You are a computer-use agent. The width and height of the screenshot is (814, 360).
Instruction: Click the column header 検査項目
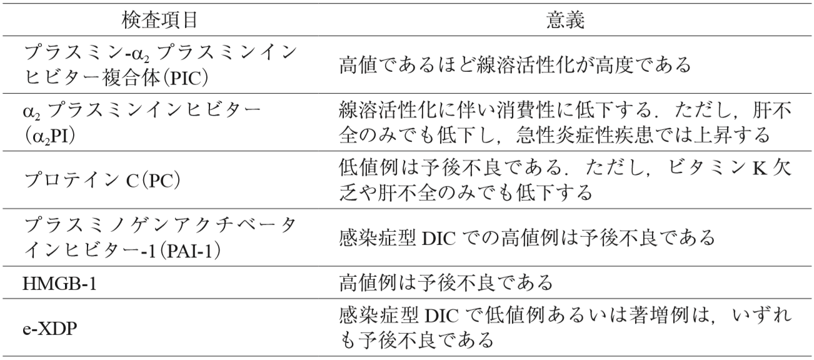[159, 20]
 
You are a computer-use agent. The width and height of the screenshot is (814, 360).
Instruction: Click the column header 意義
[565, 20]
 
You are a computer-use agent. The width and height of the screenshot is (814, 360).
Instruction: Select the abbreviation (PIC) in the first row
[185, 79]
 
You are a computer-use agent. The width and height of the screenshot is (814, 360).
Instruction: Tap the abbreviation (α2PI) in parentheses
[49, 136]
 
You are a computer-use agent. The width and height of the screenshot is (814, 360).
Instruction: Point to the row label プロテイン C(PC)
[102, 181]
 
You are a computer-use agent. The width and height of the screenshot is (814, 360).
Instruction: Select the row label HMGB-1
[59, 283]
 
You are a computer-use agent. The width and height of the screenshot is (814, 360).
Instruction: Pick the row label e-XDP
[50, 329]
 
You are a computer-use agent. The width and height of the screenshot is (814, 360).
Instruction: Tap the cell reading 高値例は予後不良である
[446, 283]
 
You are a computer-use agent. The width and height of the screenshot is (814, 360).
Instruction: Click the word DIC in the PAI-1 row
[440, 238]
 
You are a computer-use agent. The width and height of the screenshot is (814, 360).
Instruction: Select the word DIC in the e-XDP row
[440, 316]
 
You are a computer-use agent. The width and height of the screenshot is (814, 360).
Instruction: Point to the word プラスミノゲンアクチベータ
[159, 226]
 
